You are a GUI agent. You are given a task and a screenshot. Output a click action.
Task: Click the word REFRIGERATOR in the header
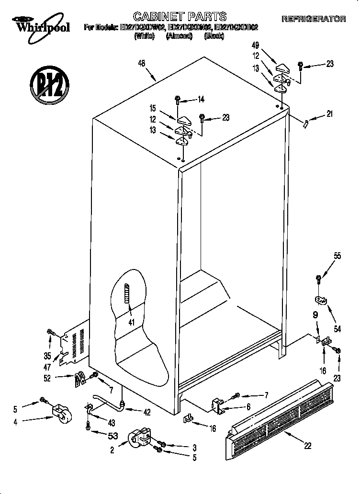[x=314, y=19]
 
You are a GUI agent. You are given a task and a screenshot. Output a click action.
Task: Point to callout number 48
[x=141, y=62]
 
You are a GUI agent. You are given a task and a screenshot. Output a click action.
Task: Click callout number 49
[x=255, y=45]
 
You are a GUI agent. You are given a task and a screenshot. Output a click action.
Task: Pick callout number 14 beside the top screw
[x=201, y=100]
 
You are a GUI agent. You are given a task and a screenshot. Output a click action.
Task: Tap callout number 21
[x=329, y=113]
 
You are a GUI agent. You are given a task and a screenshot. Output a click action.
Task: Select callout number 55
[x=337, y=256]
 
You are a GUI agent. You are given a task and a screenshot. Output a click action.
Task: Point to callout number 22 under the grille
[x=307, y=445]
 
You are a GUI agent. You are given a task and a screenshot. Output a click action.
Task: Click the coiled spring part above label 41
[x=127, y=292]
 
